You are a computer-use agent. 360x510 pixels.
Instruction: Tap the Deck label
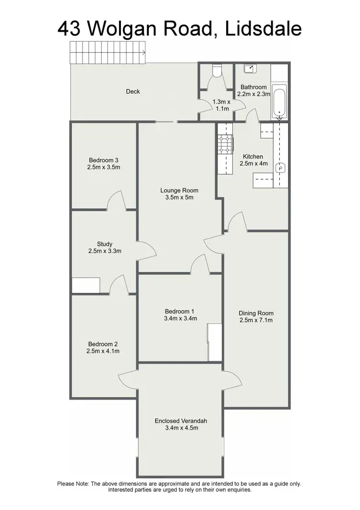click(x=133, y=91)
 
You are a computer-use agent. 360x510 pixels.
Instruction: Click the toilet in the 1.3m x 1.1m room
click(x=216, y=72)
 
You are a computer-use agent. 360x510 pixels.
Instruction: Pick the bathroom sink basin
click(x=250, y=69)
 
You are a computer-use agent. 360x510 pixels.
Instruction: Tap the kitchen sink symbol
click(x=281, y=168)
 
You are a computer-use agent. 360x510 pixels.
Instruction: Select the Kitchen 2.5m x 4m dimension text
click(x=252, y=163)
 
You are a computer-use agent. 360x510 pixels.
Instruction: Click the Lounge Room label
click(x=179, y=190)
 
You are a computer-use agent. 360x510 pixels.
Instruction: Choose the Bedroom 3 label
click(x=103, y=160)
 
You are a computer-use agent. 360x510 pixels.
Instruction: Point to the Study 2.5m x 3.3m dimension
click(x=104, y=251)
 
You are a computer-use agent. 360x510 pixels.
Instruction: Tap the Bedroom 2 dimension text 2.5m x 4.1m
click(x=103, y=351)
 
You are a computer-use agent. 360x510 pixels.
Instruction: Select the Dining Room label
click(x=256, y=313)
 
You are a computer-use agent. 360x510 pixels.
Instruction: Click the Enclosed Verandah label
click(x=181, y=421)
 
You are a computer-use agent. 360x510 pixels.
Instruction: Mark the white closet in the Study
click(x=86, y=285)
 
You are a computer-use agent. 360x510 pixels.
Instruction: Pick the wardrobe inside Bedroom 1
click(x=215, y=342)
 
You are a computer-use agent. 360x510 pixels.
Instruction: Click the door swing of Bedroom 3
click(x=117, y=201)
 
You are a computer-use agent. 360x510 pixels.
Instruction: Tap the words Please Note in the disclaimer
click(x=72, y=484)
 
